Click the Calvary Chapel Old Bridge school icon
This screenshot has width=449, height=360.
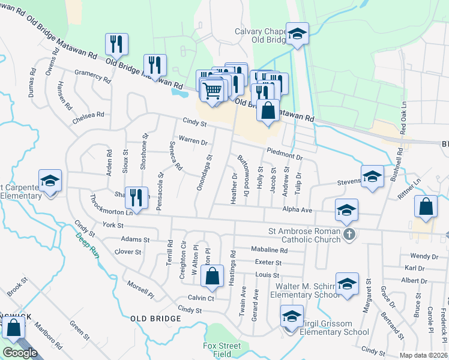[x=297, y=34]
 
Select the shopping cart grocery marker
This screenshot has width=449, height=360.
[x=212, y=91]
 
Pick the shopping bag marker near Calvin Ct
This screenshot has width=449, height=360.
[x=212, y=277]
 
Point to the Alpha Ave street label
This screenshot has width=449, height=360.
[x=298, y=210]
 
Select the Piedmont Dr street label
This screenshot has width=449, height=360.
[x=284, y=154]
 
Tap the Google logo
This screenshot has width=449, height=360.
[x=20, y=353]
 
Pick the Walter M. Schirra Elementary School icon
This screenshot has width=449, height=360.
[x=347, y=284]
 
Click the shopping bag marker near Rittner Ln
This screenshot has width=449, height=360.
[x=426, y=207]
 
